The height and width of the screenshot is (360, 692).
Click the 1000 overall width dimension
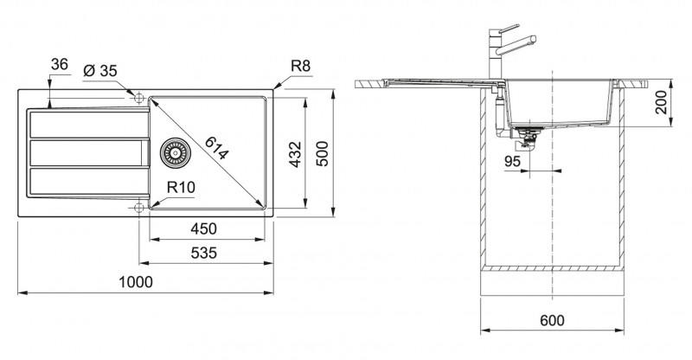tap(136, 282)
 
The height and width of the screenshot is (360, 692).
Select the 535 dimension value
tap(204, 253)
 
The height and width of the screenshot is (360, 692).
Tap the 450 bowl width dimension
tap(204, 228)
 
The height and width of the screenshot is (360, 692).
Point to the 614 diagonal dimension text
tap(217, 148)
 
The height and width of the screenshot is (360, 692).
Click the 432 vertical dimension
tap(295, 154)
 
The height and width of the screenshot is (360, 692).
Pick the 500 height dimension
tap(323, 153)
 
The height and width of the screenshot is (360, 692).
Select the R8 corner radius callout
tap(300, 66)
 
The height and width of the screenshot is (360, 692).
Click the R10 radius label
tap(181, 187)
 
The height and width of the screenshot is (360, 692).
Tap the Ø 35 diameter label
tap(100, 71)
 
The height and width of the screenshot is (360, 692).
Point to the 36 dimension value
tap(60, 65)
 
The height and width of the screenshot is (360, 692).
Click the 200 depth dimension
tap(661, 103)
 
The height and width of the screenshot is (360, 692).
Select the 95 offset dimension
tap(512, 161)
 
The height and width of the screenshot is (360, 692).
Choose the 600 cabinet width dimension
tap(552, 320)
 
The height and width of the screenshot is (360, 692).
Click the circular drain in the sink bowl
tap(176, 153)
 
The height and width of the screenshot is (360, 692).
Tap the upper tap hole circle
tap(139, 98)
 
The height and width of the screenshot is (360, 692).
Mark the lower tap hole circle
tap(139, 207)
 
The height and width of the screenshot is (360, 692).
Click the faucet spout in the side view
tap(516, 46)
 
